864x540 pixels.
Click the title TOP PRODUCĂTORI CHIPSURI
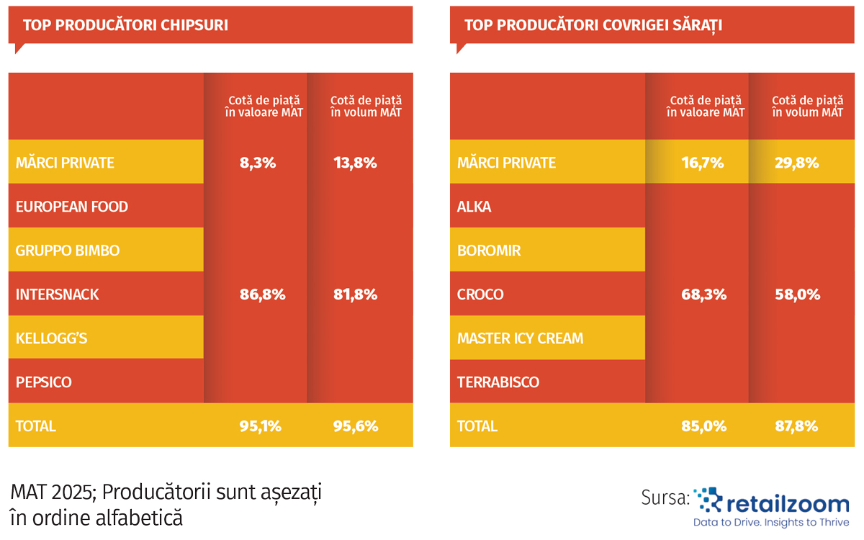(125, 25)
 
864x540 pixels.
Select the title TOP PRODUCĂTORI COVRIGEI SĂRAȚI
(593, 25)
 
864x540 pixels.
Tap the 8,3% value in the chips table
(258, 163)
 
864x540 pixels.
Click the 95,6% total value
(356, 426)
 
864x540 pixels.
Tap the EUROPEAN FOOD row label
(72, 207)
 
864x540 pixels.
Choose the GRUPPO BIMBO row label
(68, 251)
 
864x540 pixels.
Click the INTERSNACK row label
(58, 294)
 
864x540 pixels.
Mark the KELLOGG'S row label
(52, 338)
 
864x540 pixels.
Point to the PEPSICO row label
(44, 382)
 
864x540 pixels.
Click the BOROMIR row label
(489, 251)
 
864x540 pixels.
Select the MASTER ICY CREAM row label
(521, 338)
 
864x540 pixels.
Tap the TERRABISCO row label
(498, 382)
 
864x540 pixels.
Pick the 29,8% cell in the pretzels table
(796, 163)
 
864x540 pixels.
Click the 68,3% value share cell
(703, 294)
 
